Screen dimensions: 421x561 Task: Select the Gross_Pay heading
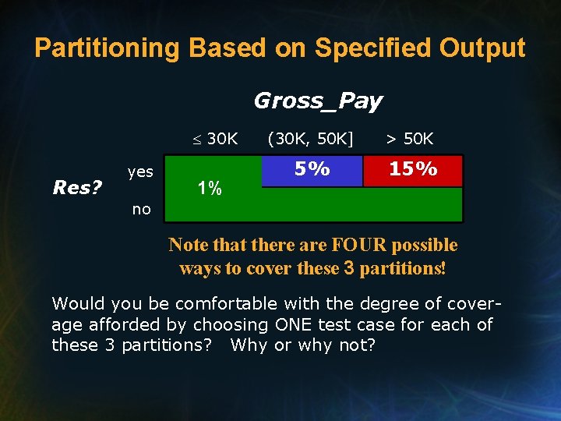pos(318,101)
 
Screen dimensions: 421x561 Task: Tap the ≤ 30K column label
pos(216,140)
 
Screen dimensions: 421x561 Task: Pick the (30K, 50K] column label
pos(310,140)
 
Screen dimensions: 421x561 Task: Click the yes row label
pos(140,172)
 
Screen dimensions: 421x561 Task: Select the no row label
pos(141,209)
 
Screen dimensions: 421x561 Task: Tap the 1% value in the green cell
pos(209,188)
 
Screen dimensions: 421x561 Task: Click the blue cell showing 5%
pos(312,170)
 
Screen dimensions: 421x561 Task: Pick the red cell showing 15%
pos(413,170)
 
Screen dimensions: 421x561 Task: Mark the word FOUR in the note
pos(359,246)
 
